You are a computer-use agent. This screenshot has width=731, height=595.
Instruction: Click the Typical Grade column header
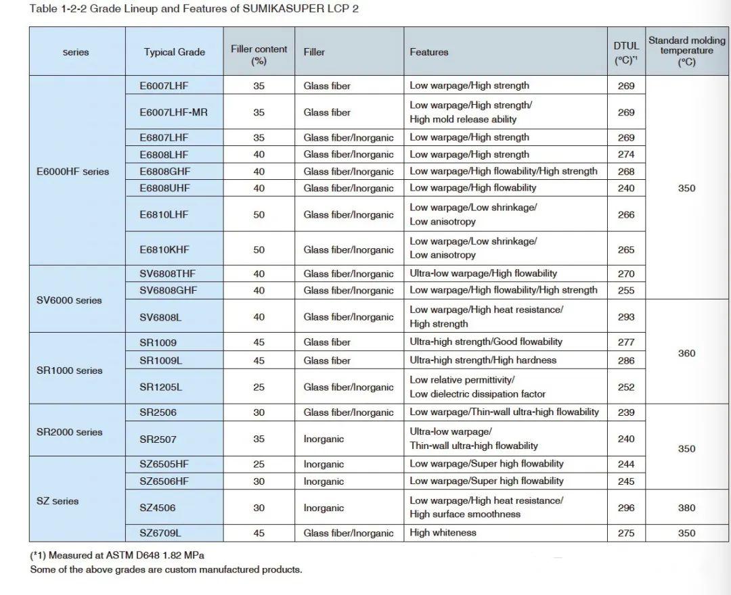174,52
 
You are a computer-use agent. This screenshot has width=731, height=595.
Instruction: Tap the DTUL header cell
626,52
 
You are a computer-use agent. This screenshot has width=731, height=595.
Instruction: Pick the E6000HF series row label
72,172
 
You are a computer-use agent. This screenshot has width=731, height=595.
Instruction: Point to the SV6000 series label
69,300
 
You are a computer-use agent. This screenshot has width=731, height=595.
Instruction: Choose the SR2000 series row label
69,432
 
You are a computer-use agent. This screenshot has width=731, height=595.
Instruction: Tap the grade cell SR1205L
161,387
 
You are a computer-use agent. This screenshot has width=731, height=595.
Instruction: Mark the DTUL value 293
626,316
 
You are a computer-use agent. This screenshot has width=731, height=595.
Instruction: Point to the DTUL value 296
626,508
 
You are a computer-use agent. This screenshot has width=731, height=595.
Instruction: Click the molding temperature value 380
686,508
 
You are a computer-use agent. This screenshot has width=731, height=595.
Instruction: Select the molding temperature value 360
686,353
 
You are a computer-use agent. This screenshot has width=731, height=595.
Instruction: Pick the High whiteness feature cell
443,533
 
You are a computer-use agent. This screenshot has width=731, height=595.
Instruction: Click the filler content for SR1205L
259,387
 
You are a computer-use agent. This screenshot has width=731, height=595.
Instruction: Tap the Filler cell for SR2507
324,439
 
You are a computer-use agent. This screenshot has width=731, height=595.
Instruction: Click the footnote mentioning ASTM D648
117,555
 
